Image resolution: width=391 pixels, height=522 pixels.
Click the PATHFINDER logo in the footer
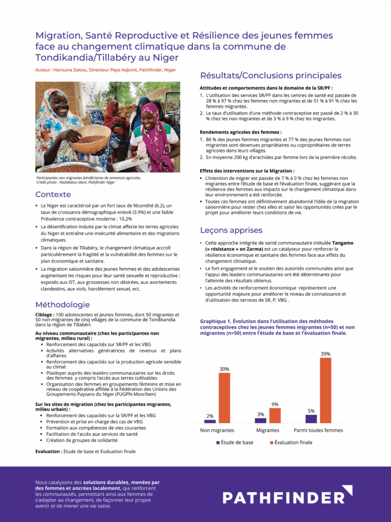[287, 497]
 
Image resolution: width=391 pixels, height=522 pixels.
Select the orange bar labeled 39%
[326, 390]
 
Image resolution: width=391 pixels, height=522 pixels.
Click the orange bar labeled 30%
[225, 398]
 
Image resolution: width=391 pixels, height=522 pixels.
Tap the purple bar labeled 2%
[210, 421]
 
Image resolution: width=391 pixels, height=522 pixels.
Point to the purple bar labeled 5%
[311, 419]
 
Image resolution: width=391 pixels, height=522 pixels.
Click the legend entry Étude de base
[235, 442]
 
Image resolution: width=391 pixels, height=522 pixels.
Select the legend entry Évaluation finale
[291, 442]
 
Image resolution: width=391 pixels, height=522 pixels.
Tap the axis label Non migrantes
[217, 430]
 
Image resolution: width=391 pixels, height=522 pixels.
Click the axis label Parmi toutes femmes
[318, 430]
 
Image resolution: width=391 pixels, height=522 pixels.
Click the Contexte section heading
[53, 194]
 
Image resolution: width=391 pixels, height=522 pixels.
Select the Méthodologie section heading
[63, 304]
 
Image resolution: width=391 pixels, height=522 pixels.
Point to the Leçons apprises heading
[231, 230]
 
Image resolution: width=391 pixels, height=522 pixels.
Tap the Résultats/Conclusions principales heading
[270, 75]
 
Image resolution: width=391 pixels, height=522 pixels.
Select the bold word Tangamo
[343, 243]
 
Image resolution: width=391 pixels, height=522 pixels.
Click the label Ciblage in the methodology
[44, 315]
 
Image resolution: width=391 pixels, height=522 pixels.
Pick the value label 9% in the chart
[275, 404]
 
